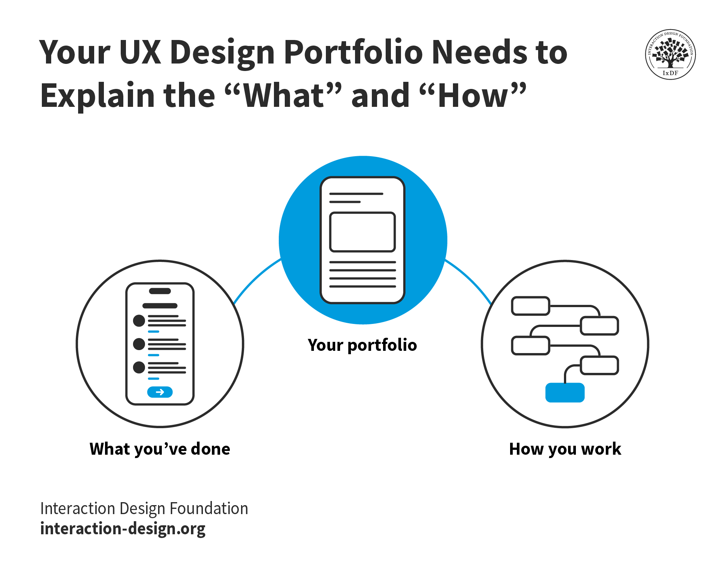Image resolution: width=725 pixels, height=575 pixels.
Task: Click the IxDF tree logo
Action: point(670,54)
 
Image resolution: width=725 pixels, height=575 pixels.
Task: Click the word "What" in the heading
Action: point(284,96)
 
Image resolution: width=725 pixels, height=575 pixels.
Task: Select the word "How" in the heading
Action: point(473,96)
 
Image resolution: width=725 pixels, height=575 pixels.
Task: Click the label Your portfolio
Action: point(362,345)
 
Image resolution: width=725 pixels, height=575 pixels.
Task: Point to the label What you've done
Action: point(160,449)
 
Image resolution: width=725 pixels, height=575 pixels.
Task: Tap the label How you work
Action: point(565,449)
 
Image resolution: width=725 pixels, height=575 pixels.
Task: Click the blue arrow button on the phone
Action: point(160,392)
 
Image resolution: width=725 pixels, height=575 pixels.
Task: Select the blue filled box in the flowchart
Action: point(565,392)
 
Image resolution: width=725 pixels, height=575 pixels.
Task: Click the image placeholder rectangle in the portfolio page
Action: point(362,232)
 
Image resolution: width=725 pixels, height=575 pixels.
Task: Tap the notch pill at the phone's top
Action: point(160,291)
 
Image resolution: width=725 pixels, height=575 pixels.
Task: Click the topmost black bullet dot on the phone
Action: point(139,321)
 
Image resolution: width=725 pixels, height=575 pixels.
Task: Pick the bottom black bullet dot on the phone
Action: point(139,367)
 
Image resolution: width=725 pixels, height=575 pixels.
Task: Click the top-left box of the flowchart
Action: point(530,306)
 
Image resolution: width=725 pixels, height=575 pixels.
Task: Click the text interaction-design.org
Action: point(123,529)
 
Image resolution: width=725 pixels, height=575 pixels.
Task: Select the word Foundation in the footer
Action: point(209,508)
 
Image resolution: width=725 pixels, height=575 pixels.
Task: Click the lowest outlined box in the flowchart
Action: point(599,365)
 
